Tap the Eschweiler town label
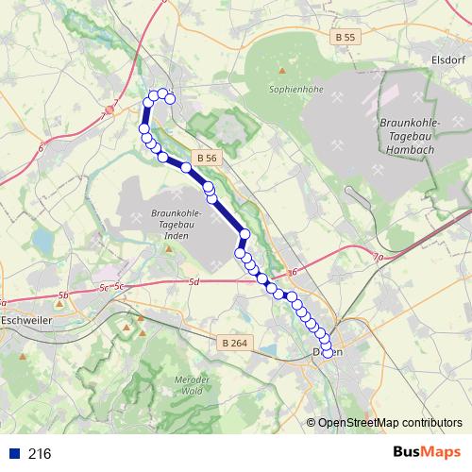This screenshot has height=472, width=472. (x=26, y=320)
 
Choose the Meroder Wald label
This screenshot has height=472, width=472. (x=192, y=384)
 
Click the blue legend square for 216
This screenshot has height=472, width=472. (x=13, y=453)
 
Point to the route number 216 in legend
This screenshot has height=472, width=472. (x=40, y=453)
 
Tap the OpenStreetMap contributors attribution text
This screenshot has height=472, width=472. (x=389, y=423)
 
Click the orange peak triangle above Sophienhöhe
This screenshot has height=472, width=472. (x=282, y=70)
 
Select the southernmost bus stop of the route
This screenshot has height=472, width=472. (x=328, y=353)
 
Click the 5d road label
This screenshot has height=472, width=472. (x=194, y=282)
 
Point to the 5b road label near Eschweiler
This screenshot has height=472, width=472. (x=63, y=295)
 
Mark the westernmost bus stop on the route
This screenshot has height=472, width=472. (x=144, y=128)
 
